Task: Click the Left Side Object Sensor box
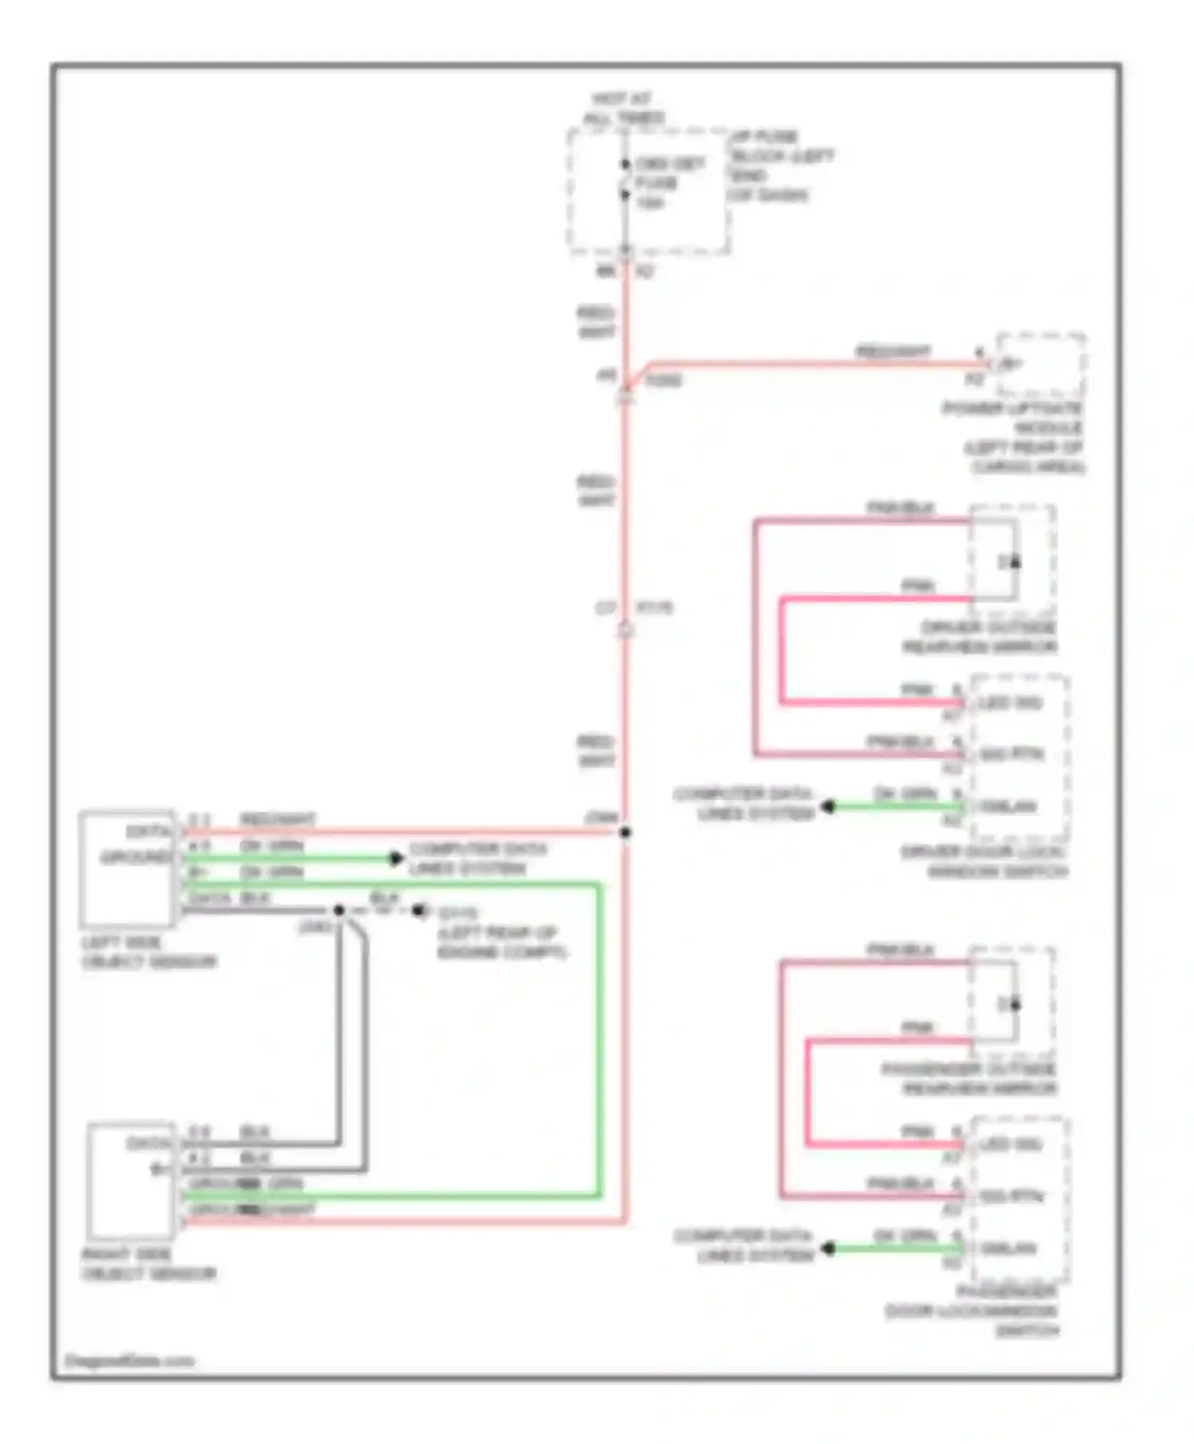127,869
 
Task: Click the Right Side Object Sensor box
131,1181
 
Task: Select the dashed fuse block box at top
648,191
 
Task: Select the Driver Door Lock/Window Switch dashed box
1020,757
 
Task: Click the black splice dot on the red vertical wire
626,833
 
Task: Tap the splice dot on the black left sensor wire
339,910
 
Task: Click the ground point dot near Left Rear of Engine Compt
418,910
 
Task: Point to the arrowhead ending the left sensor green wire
396,858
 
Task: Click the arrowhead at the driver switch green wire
828,806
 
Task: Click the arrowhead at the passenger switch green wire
828,1248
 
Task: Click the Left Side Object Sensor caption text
149,953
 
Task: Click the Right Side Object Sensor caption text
149,1265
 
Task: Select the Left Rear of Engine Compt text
501,943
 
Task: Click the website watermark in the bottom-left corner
129,1360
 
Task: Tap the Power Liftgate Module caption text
1015,438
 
